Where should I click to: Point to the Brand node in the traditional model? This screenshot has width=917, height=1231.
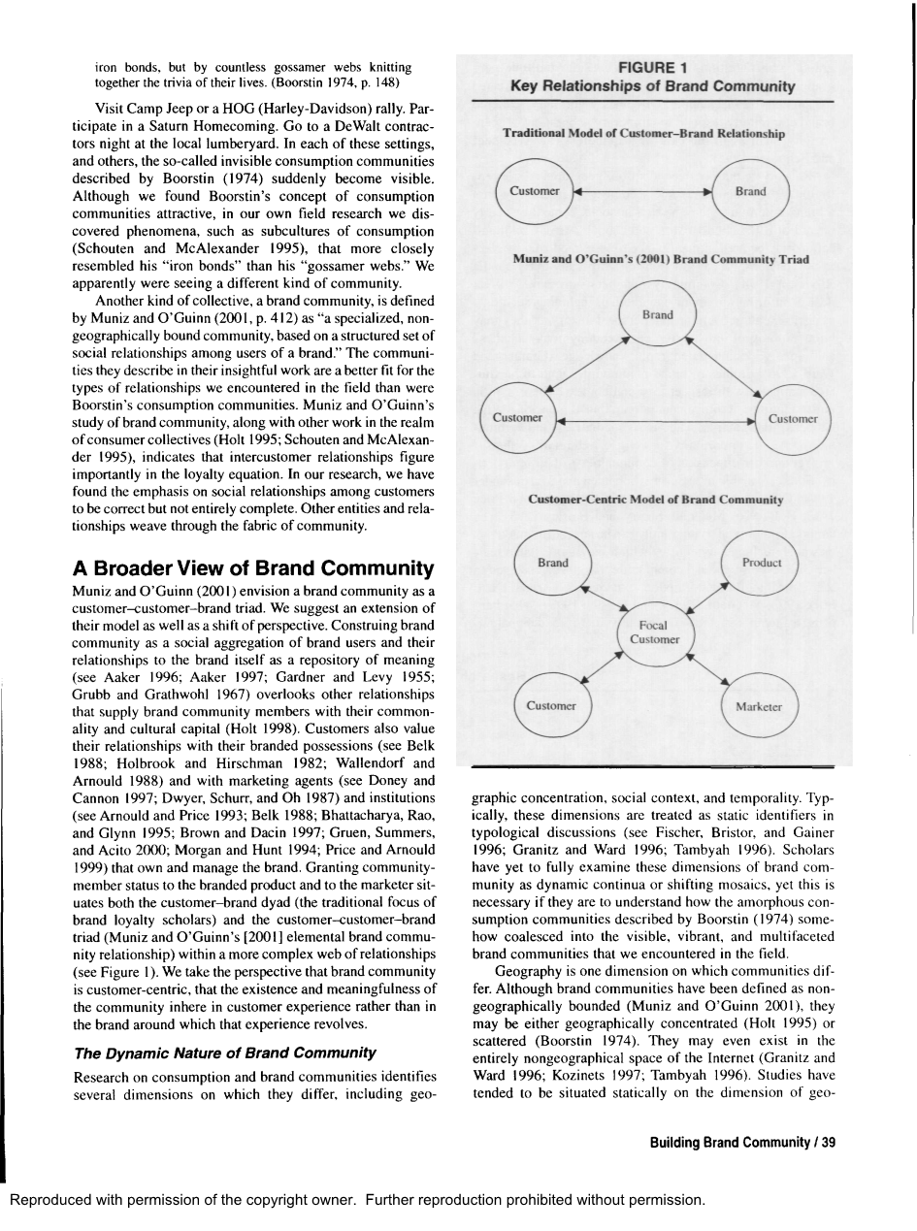pos(750,192)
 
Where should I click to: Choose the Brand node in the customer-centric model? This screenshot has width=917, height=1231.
pos(553,564)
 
